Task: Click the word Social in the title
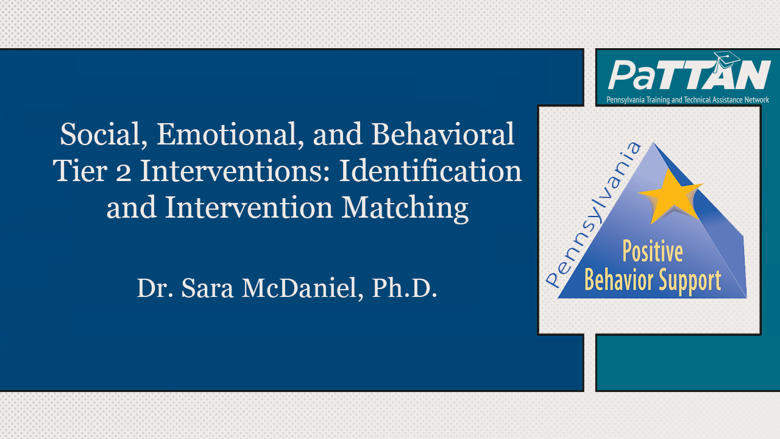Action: (97, 135)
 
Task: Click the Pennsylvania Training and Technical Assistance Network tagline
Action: (687, 99)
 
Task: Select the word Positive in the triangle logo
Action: (652, 251)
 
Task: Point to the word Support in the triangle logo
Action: (692, 280)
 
